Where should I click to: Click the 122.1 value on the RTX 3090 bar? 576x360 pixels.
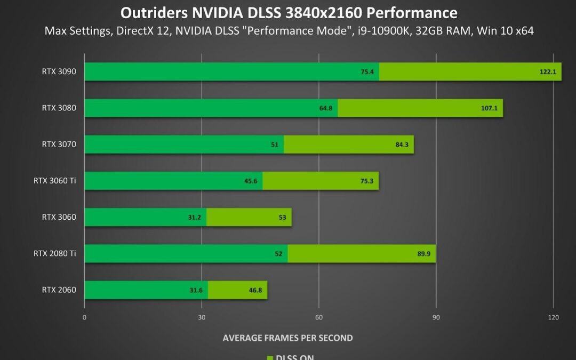pyautogui.click(x=548, y=72)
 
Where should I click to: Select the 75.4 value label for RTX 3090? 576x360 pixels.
pyautogui.click(x=367, y=72)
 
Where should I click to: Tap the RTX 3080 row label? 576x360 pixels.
pyautogui.click(x=59, y=108)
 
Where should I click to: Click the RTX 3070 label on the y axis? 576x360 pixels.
pyautogui.click(x=59, y=144)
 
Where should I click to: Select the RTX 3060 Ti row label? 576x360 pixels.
pyautogui.click(x=55, y=180)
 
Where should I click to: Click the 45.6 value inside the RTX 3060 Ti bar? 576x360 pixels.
pyautogui.click(x=251, y=181)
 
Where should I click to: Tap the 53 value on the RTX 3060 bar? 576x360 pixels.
pyautogui.click(x=282, y=217)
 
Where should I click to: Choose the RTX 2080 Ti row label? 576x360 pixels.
pyautogui.click(x=55, y=253)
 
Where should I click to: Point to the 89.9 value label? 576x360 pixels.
pyautogui.click(x=424, y=254)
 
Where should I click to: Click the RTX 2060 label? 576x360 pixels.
pyautogui.click(x=59, y=290)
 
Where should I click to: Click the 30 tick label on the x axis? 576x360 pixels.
pyautogui.click(x=202, y=317)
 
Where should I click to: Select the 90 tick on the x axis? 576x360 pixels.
pyautogui.click(x=436, y=317)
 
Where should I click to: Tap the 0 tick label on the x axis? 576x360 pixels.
pyautogui.click(x=84, y=317)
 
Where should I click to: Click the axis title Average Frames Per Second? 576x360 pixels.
pyautogui.click(x=287, y=338)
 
